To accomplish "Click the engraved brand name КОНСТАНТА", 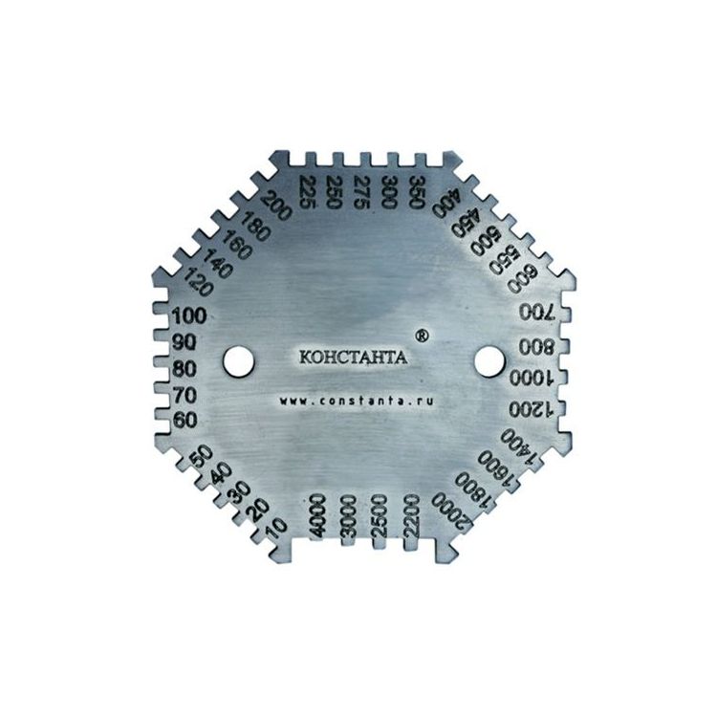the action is point(353,357).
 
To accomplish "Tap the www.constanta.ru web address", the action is point(356,401).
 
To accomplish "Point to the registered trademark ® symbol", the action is point(423,337).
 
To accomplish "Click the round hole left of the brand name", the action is point(239,361).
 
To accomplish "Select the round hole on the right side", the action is point(489,361).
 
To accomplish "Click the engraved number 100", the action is point(188,316).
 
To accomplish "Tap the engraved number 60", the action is point(185,420).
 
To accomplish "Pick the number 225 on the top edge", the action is point(307,192).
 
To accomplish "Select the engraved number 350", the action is point(417,192).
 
